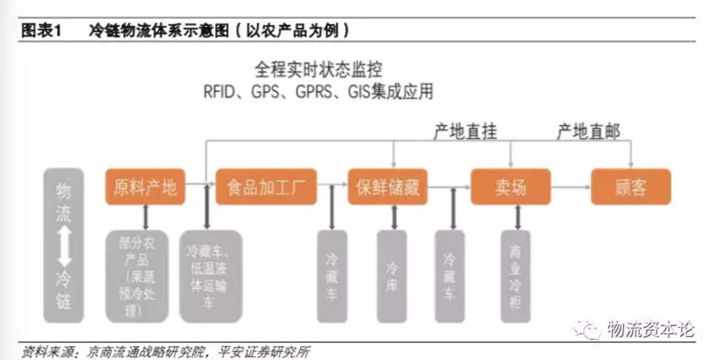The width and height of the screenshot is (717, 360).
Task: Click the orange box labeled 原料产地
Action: click(x=145, y=187)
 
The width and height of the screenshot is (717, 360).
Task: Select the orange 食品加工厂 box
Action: click(x=266, y=187)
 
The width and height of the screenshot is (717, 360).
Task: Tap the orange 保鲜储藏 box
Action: click(x=387, y=187)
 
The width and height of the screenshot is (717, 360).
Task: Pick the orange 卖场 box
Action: click(x=510, y=187)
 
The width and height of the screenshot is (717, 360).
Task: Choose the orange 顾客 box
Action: click(x=631, y=187)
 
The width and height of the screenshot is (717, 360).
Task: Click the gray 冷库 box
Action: click(x=392, y=276)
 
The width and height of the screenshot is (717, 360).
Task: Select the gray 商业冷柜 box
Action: click(x=516, y=276)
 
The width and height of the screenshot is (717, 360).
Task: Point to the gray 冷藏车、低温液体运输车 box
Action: click(x=210, y=276)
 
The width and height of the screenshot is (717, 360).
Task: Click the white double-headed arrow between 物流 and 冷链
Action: click(x=64, y=246)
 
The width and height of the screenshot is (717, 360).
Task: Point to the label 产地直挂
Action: click(x=465, y=132)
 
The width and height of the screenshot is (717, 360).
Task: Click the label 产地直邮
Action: click(x=588, y=132)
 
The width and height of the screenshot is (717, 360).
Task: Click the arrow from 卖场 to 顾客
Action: click(x=570, y=187)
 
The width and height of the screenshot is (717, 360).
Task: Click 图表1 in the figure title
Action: click(x=41, y=31)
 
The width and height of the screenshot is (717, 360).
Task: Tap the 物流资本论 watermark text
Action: click(x=649, y=329)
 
